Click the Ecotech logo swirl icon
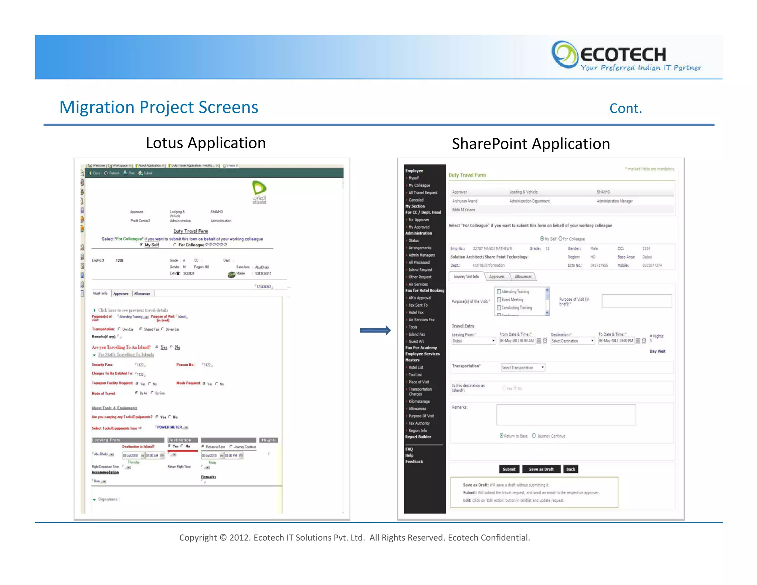point(564,55)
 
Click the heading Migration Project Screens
point(159,108)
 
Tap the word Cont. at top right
point(625,109)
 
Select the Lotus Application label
point(206,143)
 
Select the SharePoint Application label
point(531,144)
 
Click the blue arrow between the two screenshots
point(375,330)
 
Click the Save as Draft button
point(541,469)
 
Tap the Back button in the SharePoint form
point(570,469)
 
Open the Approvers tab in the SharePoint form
point(496,277)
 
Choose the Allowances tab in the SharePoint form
point(523,277)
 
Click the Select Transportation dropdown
point(523,368)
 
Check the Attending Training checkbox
point(499,292)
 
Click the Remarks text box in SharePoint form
point(566,415)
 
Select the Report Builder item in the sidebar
point(418,437)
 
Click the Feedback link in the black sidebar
point(414,461)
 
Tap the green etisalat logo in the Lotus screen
point(259,189)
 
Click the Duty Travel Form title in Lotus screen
point(191,231)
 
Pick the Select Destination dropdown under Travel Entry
point(572,341)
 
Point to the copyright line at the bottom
point(354,538)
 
